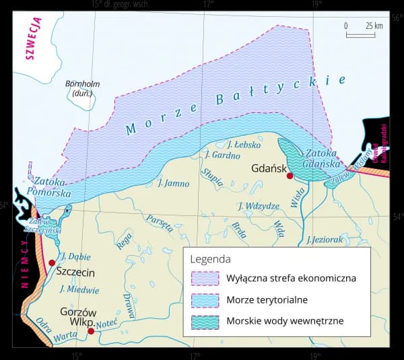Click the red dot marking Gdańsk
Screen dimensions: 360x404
click(x=290, y=176)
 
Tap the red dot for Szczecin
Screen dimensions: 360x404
click(x=52, y=262)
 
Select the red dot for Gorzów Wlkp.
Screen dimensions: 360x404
click(x=91, y=330)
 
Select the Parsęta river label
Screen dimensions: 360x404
click(x=159, y=223)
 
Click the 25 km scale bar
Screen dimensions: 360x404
click(x=361, y=34)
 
